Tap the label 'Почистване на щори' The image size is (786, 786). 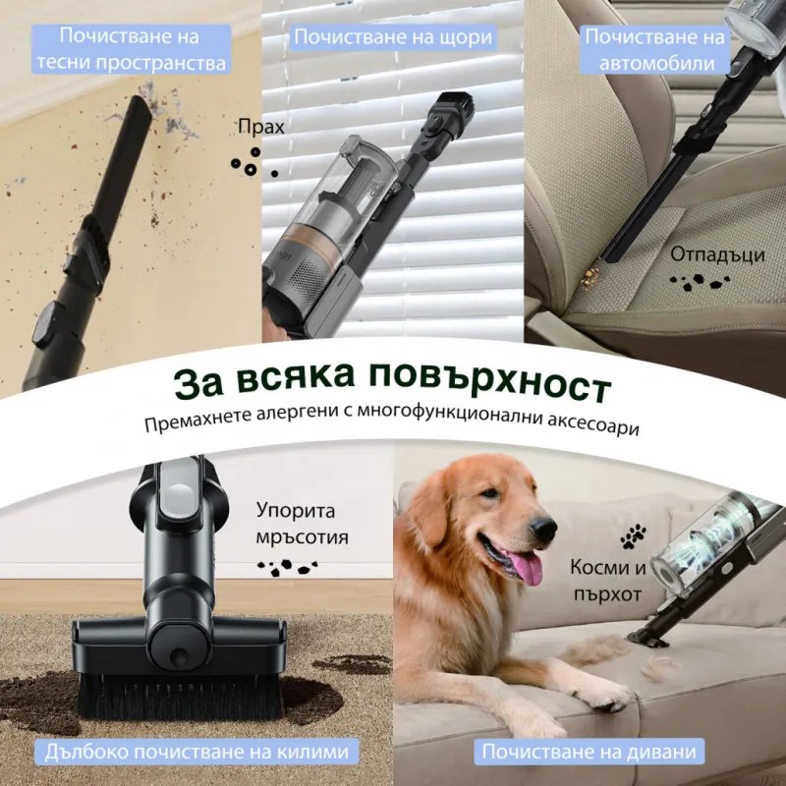coord(393,38)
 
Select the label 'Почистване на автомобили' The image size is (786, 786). coord(656,49)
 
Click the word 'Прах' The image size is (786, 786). coord(260,128)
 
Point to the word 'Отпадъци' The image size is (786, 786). coord(717,254)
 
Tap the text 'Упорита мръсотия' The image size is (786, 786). coord(302,524)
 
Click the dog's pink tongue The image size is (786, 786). coord(523,569)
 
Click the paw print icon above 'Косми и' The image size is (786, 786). coord(633,535)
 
